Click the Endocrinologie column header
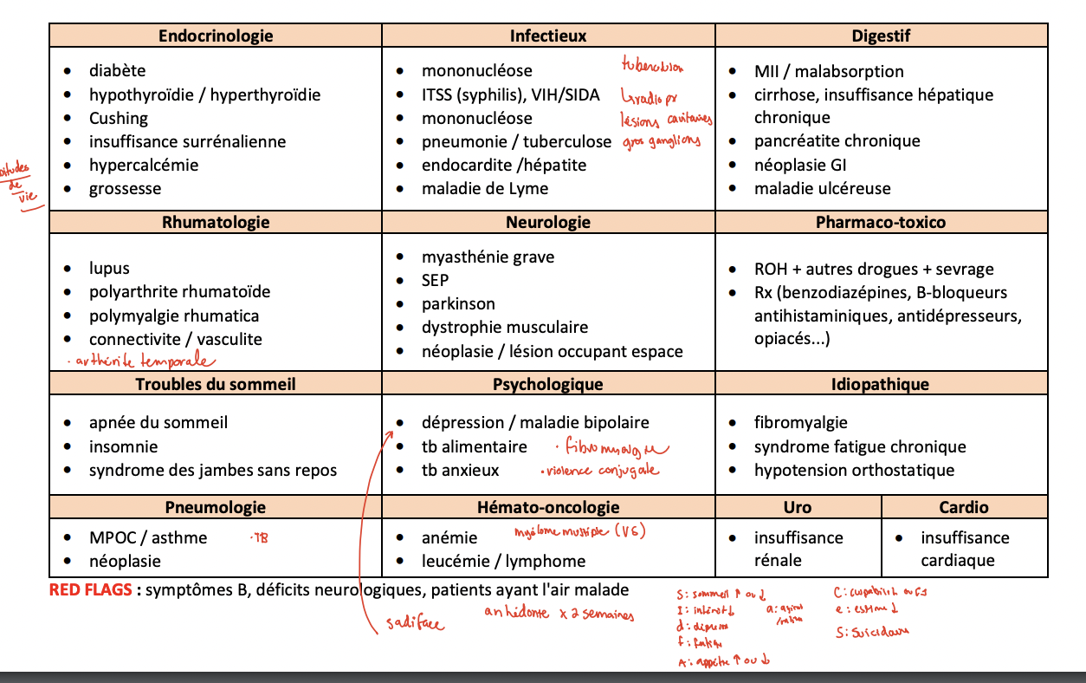pos(216,36)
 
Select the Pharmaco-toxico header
pos(881,222)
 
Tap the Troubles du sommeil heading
pos(216,384)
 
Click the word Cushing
pos(119,118)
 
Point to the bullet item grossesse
pos(125,188)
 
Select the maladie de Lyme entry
pos(484,188)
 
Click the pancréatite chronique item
pos(837,140)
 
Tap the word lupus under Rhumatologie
pos(109,269)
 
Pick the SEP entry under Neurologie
pos(435,280)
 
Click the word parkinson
pos(458,303)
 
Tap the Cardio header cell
pos(963,507)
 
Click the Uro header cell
pos(798,507)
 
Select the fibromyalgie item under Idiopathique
pos(800,422)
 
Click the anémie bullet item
pos(449,537)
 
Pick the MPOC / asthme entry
pos(148,537)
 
